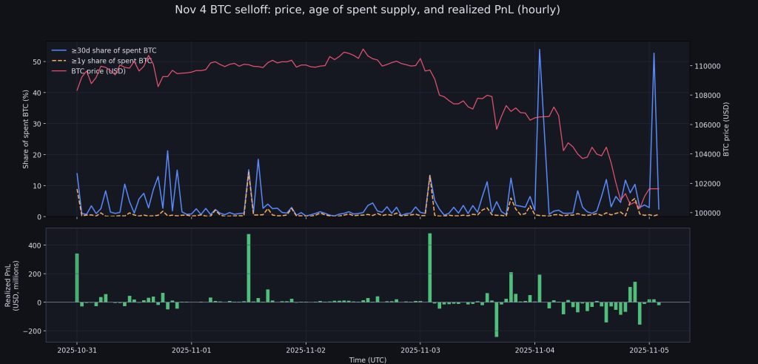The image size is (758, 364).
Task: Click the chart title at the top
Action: click(x=367, y=10)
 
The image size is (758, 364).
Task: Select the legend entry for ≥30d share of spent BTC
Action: click(x=113, y=50)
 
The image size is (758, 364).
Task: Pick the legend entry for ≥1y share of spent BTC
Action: click(x=112, y=61)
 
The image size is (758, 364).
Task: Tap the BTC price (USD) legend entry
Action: click(x=98, y=71)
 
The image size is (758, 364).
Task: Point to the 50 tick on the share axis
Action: click(x=36, y=62)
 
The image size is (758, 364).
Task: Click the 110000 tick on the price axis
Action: click(x=709, y=66)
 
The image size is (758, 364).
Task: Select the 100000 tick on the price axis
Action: click(x=709, y=213)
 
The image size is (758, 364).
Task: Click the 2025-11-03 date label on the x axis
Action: click(x=420, y=348)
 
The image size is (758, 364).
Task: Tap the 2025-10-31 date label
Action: click(x=77, y=348)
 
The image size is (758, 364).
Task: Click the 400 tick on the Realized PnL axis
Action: click(x=33, y=245)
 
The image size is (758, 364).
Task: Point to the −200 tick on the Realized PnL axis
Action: click(x=31, y=331)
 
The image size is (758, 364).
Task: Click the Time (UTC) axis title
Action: click(x=367, y=359)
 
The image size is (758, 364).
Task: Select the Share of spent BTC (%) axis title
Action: click(x=26, y=129)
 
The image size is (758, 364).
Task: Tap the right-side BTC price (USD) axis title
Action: click(x=726, y=129)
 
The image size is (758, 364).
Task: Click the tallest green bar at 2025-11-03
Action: click(x=429, y=268)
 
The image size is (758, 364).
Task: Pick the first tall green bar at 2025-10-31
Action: click(x=77, y=277)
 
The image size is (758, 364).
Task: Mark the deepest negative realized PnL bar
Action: click(x=497, y=320)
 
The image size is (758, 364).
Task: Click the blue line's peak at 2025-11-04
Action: click(x=540, y=50)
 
